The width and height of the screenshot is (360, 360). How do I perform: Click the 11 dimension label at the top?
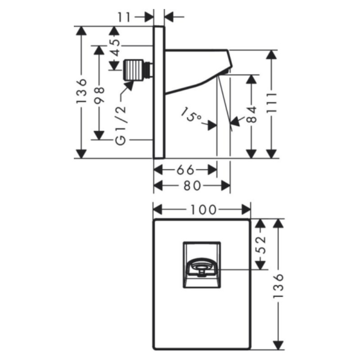124,17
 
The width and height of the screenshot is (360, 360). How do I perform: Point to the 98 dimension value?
99,95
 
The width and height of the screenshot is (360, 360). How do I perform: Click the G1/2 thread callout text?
121,125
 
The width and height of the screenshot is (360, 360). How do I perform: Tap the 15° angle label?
191,114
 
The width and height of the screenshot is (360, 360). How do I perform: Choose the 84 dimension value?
252,114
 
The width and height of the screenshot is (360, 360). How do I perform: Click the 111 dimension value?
272,103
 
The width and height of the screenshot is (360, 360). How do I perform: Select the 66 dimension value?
185,170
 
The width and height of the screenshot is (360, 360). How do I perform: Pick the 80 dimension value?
193,186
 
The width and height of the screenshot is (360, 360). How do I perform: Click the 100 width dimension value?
204,210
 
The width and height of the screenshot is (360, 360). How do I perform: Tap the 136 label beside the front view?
279,286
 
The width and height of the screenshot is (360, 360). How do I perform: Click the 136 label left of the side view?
81,91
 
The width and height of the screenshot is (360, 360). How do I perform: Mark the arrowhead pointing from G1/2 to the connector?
129,85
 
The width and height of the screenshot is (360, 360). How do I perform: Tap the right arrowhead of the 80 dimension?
226,185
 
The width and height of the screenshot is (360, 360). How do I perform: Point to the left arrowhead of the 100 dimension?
158,210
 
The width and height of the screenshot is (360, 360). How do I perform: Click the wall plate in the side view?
159,92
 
